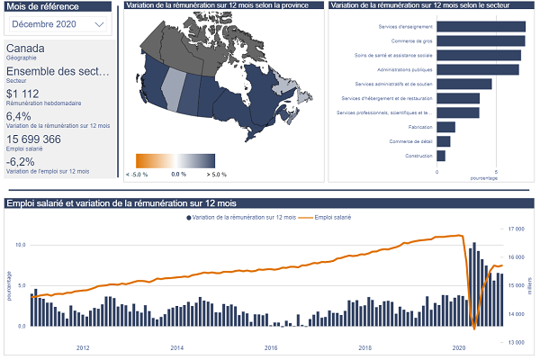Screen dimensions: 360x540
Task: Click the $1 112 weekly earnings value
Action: [23, 94]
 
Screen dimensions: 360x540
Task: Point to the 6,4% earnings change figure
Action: [19, 116]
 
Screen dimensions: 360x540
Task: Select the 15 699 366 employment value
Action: [34, 139]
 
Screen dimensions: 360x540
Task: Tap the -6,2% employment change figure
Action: [21, 162]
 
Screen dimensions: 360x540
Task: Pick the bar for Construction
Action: [441, 156]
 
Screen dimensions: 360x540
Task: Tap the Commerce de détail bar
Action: [444, 141]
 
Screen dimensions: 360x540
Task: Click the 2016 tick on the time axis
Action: [271, 347]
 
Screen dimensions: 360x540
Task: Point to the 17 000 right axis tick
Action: [516, 229]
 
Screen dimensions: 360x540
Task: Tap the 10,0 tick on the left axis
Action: [21, 244]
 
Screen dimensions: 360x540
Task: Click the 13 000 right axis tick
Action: [516, 342]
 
